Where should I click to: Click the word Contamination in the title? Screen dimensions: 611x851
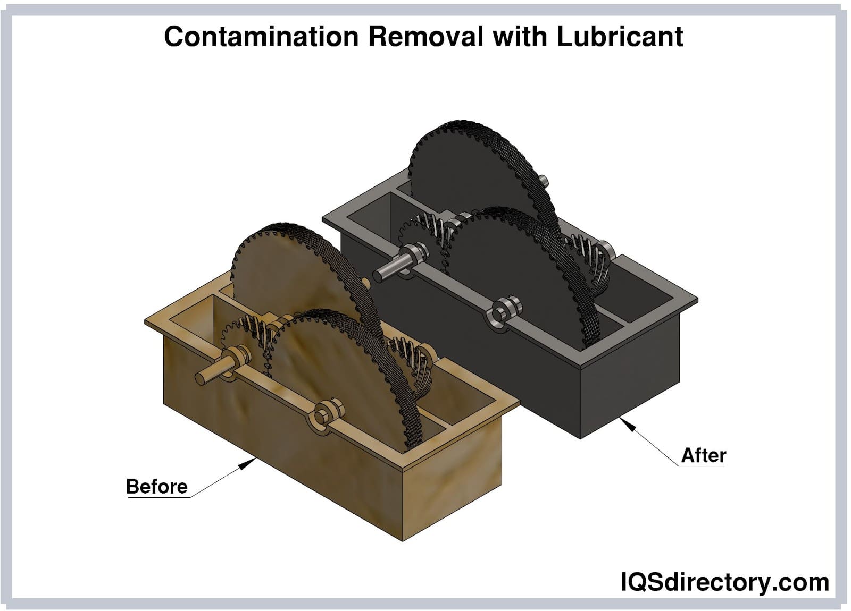[x=261, y=37]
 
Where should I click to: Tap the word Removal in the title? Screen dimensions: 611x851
[x=425, y=37]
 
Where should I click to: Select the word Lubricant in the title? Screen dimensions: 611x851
[x=620, y=37]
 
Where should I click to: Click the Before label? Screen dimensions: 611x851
[x=156, y=487]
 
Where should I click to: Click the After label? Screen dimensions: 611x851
[x=704, y=455]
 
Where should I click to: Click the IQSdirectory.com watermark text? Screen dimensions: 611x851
[x=724, y=582]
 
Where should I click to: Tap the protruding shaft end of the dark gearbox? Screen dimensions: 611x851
[x=381, y=274]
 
